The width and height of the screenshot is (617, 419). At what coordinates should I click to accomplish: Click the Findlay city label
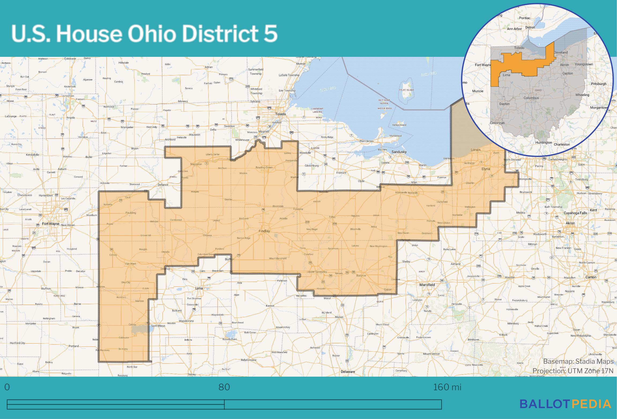[264, 231]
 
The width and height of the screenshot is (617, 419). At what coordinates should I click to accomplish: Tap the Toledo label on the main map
[280, 114]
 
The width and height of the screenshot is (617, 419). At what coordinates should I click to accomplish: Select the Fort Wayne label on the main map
[51, 224]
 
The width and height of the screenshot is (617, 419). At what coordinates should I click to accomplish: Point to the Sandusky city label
[399, 152]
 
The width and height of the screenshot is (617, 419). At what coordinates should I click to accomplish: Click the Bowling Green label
[264, 168]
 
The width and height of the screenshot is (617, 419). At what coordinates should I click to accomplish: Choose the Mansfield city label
[427, 285]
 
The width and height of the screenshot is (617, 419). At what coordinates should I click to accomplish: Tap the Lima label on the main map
[199, 288]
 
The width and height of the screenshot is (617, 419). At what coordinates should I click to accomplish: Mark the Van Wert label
[131, 264]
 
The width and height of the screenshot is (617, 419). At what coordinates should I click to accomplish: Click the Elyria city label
[486, 169]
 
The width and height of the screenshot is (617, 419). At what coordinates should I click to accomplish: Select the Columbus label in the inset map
[531, 98]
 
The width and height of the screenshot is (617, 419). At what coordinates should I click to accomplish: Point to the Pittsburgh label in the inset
[599, 84]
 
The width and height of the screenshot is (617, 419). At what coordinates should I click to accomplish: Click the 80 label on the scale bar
[224, 387]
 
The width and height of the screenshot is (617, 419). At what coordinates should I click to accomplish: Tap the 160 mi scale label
[447, 387]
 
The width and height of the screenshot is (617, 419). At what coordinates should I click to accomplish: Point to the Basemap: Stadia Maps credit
[578, 361]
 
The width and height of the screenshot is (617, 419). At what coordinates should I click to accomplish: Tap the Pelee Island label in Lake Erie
[406, 90]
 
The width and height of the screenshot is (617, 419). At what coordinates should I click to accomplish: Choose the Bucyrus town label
[361, 275]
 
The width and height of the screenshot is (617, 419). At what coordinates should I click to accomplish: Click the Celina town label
[132, 325]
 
